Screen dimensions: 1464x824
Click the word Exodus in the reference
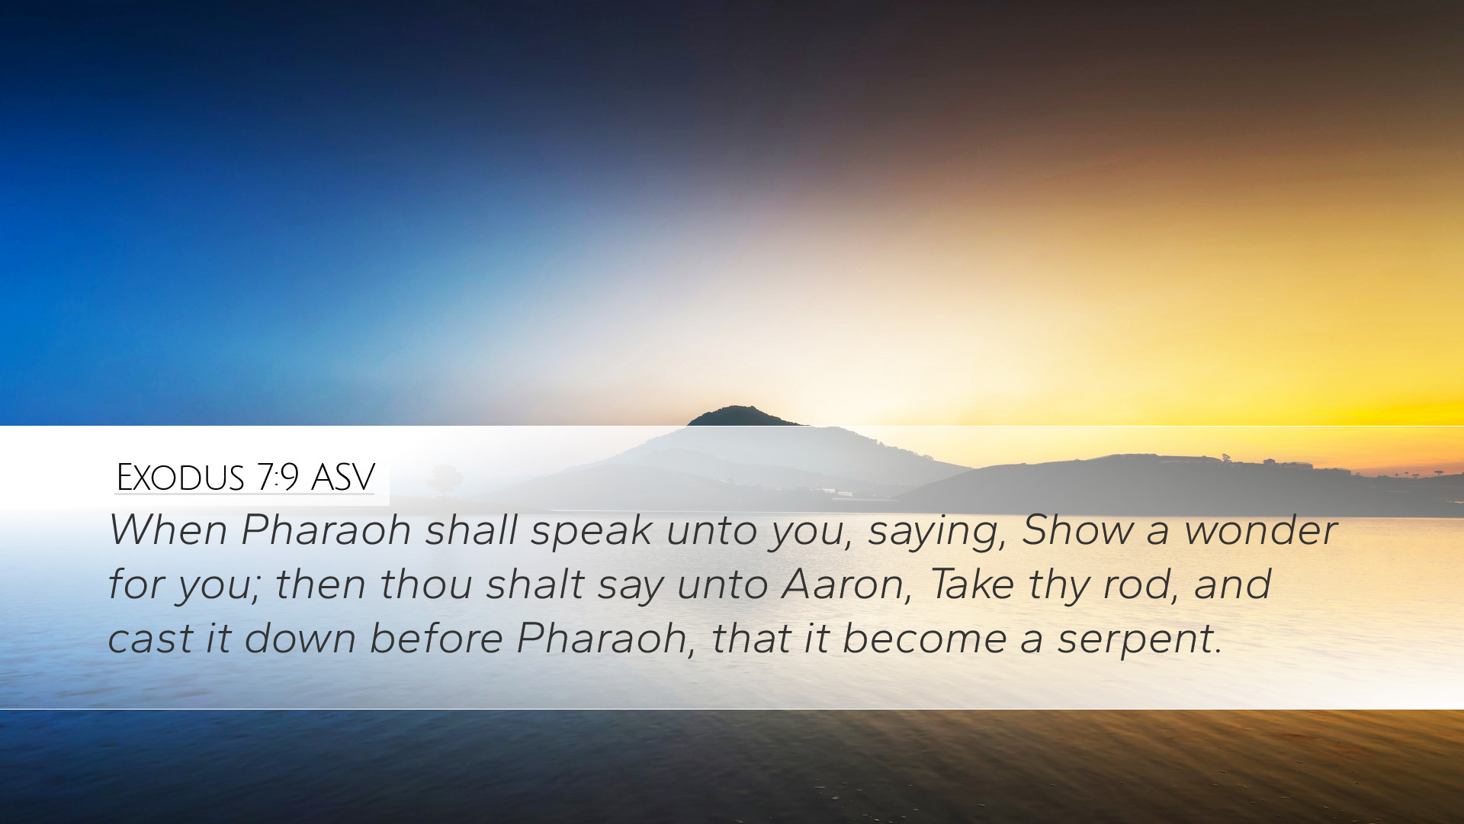(180, 478)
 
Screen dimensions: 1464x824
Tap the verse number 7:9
(278, 478)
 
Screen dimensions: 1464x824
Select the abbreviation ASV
(343, 478)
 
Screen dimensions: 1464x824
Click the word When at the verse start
(169, 529)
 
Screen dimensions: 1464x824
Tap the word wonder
(1261, 529)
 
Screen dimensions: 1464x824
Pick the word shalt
(535, 584)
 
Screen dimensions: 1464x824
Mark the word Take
(971, 584)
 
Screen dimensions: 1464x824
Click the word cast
(150, 639)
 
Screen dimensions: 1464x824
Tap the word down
(300, 638)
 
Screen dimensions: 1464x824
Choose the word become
(924, 638)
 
